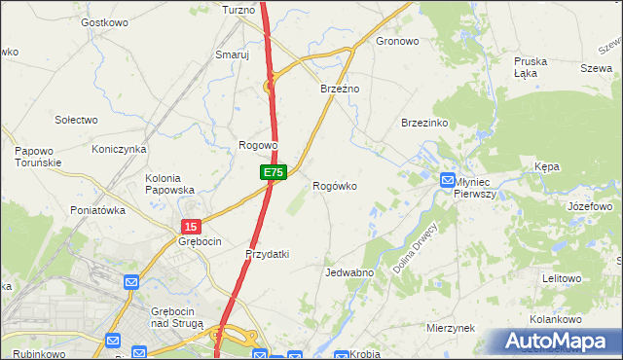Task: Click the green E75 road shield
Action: [274, 172]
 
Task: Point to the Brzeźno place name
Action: [341, 89]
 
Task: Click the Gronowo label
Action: [397, 42]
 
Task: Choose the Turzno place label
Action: [238, 10]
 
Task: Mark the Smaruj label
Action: [233, 55]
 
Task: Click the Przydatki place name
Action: [267, 254]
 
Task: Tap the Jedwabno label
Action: [350, 273]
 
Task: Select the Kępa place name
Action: [547, 167]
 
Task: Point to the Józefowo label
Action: [589, 207]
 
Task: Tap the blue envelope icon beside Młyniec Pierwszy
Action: [447, 180]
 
